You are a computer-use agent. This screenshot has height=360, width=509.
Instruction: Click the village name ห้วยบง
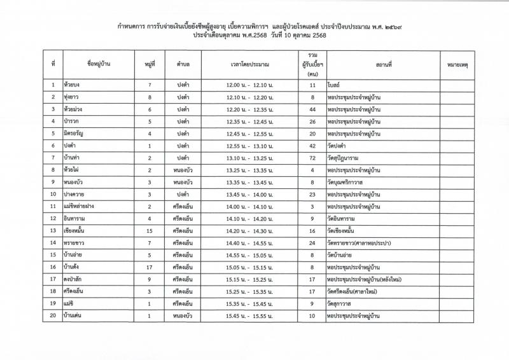click(72, 85)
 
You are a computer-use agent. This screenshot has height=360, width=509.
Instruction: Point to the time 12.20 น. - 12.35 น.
click(249, 109)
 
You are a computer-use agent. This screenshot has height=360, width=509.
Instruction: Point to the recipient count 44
click(312, 109)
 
